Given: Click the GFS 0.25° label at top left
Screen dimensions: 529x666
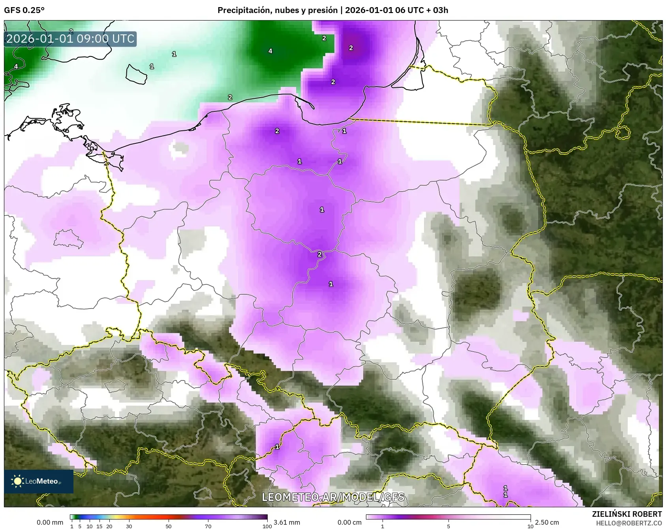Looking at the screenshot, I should tap(24, 10).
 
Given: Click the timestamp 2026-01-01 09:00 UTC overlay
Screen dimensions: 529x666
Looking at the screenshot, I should tap(70, 39).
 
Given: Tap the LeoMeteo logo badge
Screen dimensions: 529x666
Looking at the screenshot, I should tap(38, 481).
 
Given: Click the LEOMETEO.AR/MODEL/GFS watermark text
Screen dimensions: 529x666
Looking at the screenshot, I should tap(333, 497).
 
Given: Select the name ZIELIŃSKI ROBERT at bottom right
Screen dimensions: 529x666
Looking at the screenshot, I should tap(627, 514).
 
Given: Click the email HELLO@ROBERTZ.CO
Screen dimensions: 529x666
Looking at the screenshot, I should tap(628, 523).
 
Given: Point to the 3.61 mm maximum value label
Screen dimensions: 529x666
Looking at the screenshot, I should tap(287, 522).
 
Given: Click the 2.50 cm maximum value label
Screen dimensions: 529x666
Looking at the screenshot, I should tap(547, 522).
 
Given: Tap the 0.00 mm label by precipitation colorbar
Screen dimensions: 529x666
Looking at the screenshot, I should tap(50, 522).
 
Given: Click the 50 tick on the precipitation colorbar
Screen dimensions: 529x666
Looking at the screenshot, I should tap(169, 526).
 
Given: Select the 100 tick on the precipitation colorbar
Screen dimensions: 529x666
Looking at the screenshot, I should tap(267, 526).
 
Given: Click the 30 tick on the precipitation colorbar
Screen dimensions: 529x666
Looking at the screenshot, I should tap(129, 526).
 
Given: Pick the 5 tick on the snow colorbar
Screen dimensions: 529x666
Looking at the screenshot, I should tap(448, 526).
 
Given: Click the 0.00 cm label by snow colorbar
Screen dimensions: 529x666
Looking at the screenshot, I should tap(349, 522).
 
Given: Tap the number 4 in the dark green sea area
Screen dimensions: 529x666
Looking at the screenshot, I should tap(270, 51).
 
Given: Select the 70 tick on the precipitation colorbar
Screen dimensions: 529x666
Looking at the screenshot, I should tap(208, 526).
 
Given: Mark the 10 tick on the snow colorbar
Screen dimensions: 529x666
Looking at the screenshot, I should tap(530, 526).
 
